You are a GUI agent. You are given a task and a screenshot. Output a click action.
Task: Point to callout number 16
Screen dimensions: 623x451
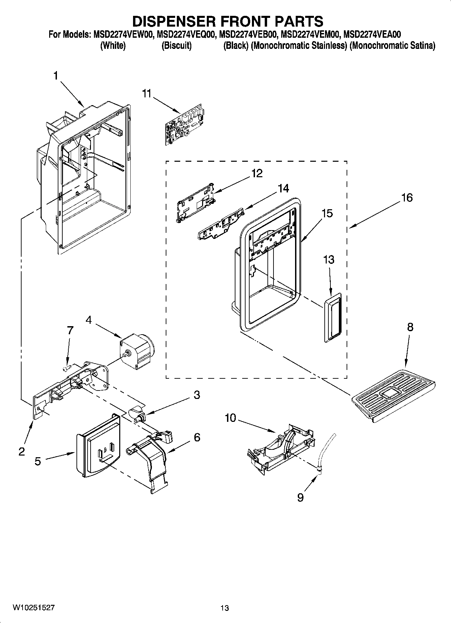(407, 197)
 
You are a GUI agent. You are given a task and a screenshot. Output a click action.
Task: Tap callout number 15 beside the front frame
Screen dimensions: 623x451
(327, 213)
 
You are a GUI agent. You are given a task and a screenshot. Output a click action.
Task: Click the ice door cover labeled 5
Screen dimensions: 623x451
(98, 445)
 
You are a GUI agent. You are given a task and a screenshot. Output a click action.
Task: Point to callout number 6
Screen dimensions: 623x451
(197, 437)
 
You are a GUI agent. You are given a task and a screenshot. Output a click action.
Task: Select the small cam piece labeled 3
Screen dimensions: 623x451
(137, 414)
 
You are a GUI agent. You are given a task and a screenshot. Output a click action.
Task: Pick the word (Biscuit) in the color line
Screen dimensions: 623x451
(176, 45)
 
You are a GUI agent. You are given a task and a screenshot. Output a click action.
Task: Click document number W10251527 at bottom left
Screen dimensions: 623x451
(34, 608)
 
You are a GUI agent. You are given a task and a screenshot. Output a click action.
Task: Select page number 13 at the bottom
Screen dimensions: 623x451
(225, 608)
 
